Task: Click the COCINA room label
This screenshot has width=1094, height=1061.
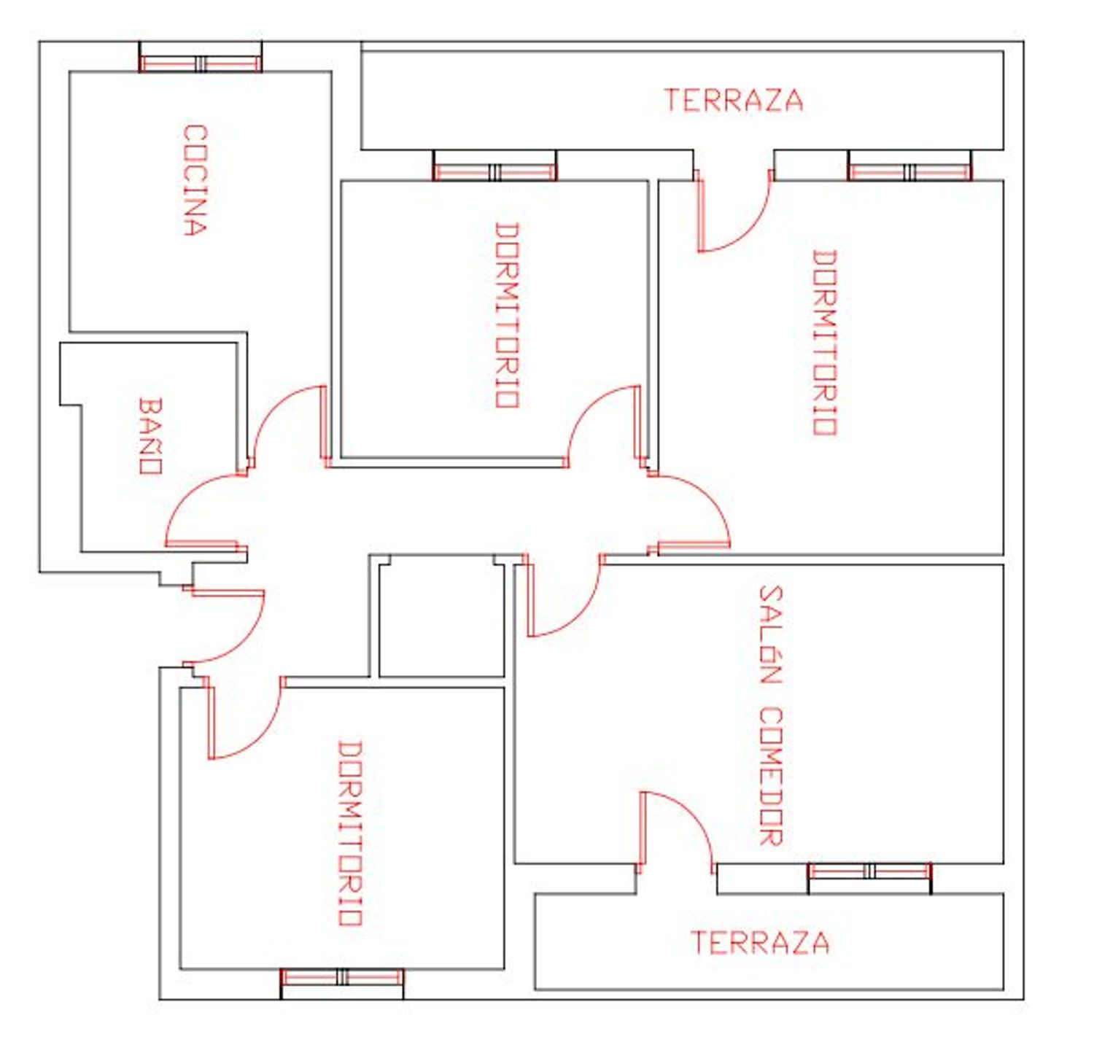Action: (x=195, y=180)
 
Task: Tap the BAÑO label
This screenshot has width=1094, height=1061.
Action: (x=150, y=435)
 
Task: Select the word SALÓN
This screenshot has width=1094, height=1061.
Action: (x=770, y=634)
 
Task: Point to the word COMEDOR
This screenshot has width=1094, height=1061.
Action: (x=770, y=776)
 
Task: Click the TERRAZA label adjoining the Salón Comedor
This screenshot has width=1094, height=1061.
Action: (x=760, y=942)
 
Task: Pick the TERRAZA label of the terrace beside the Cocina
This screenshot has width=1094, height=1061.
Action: (x=734, y=101)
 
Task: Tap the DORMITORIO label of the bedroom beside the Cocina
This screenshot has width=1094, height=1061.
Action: (x=507, y=315)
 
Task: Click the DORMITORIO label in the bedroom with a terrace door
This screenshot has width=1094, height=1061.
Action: (x=825, y=343)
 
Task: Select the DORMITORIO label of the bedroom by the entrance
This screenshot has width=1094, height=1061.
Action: (x=349, y=833)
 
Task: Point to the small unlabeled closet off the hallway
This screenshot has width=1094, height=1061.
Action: (x=441, y=615)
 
